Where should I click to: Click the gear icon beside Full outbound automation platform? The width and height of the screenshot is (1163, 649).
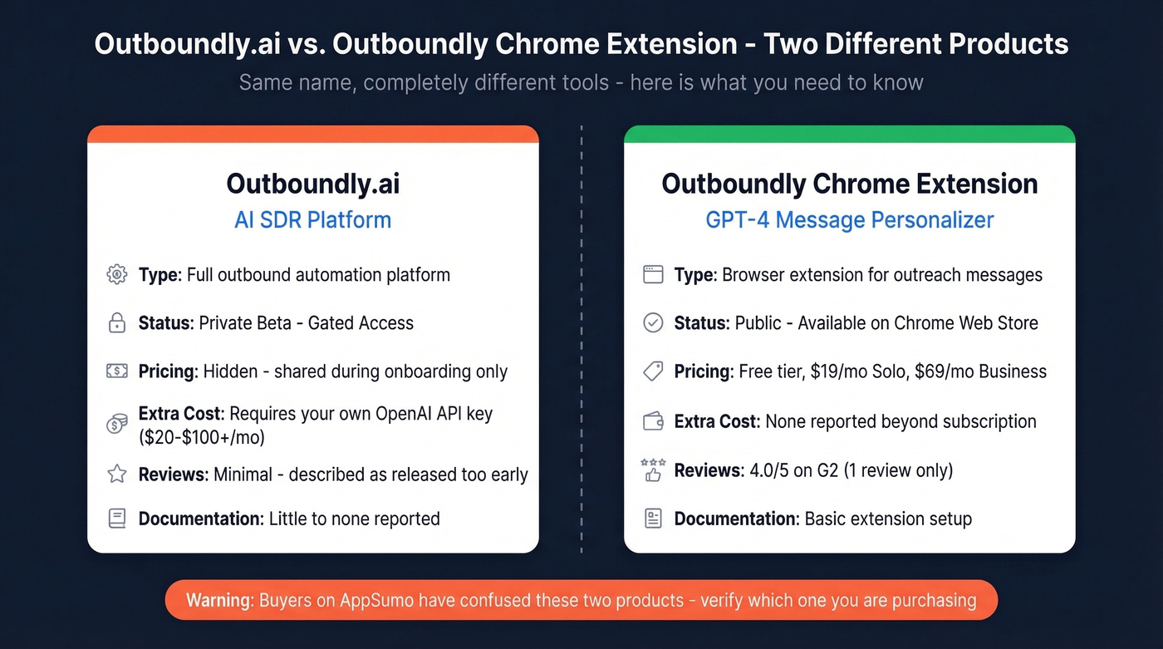click(117, 274)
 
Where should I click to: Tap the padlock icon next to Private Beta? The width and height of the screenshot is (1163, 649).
click(117, 323)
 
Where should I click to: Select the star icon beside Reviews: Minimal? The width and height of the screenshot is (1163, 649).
click(117, 474)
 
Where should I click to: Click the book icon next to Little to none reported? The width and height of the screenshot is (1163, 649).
click(117, 519)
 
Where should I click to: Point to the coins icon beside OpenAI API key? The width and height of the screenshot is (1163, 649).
click(117, 424)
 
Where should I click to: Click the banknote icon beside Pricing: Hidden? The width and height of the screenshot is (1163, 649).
click(117, 371)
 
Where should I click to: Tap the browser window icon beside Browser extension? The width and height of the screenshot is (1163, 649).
click(653, 274)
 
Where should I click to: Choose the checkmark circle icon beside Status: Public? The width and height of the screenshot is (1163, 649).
click(653, 323)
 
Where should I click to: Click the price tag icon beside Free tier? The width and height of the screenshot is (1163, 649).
click(653, 371)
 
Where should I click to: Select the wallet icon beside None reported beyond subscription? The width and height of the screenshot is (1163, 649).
click(653, 421)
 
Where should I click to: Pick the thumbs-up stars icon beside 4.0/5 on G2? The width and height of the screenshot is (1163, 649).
click(653, 470)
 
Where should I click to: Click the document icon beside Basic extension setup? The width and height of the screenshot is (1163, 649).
click(653, 519)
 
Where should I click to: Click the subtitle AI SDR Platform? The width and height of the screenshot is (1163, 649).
click(312, 220)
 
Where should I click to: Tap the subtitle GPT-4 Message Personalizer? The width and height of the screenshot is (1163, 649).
click(849, 220)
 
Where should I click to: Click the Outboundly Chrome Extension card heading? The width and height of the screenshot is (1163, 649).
click(849, 184)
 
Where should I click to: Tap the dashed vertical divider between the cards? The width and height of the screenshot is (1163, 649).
click(581, 332)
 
